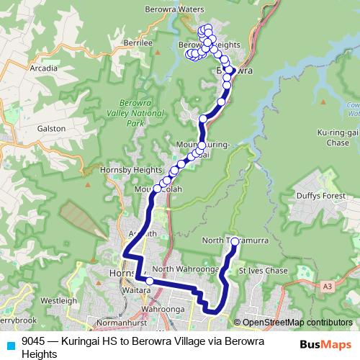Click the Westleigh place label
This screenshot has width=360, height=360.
[59, 300]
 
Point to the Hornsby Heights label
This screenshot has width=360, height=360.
[138, 169]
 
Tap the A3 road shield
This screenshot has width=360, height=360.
[328, 287]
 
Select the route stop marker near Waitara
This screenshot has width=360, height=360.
[150, 282]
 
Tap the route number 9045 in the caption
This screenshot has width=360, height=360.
[32, 341]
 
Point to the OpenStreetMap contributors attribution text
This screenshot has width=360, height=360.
[295, 323]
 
